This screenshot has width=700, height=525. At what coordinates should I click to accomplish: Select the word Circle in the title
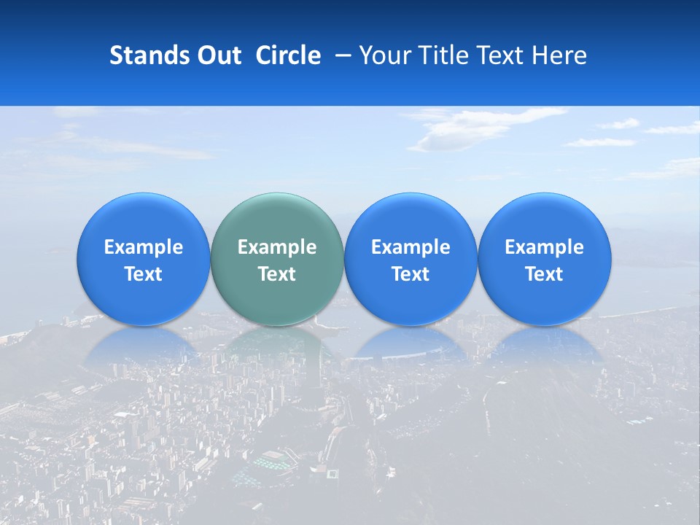pos(288,55)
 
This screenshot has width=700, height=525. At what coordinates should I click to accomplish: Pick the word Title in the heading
pos(445,55)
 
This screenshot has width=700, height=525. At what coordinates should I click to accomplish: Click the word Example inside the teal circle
pos(277,247)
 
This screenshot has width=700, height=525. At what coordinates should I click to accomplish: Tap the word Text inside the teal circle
pos(277,274)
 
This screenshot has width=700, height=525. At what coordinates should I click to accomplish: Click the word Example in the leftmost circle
pos(144,247)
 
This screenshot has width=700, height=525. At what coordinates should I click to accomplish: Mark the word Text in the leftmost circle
pos(144,274)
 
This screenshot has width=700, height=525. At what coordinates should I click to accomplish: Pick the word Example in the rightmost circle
pos(544,247)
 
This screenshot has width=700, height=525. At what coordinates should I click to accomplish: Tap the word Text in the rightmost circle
pos(544,274)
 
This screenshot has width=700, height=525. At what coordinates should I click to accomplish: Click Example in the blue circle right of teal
pos(411,247)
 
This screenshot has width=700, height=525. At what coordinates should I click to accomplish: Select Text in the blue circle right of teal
pos(411,274)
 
